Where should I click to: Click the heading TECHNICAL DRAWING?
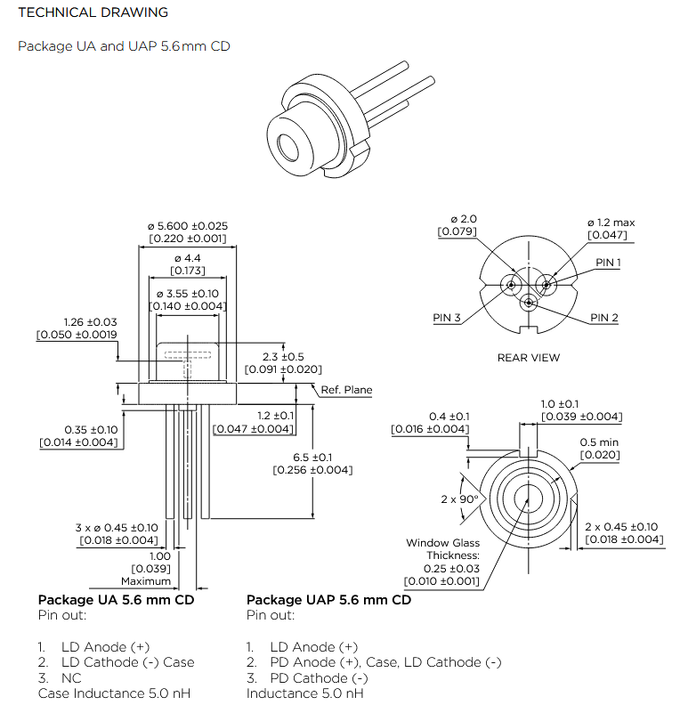coord(93,12)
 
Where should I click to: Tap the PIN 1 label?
coord(608,262)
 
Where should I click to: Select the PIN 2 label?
coord(604,318)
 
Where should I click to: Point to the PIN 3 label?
coord(447,318)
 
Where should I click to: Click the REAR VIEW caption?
coord(529,358)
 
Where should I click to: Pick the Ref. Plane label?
coord(346,390)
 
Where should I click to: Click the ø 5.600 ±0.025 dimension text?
coord(188,226)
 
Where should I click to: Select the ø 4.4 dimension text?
coord(188,258)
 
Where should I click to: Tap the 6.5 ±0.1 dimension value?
coord(312,458)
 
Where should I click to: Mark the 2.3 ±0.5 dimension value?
coord(283,357)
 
